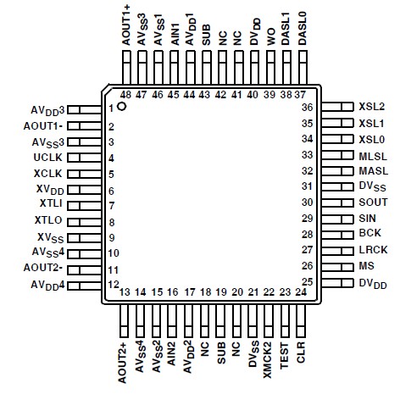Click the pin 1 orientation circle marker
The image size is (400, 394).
(x=123, y=108)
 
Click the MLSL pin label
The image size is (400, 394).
(x=372, y=156)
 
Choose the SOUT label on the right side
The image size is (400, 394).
(x=372, y=203)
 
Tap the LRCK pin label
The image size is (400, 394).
(x=372, y=251)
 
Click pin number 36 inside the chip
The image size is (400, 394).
(x=308, y=108)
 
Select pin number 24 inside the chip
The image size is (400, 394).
(x=300, y=292)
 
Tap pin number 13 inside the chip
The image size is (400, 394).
(x=125, y=292)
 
